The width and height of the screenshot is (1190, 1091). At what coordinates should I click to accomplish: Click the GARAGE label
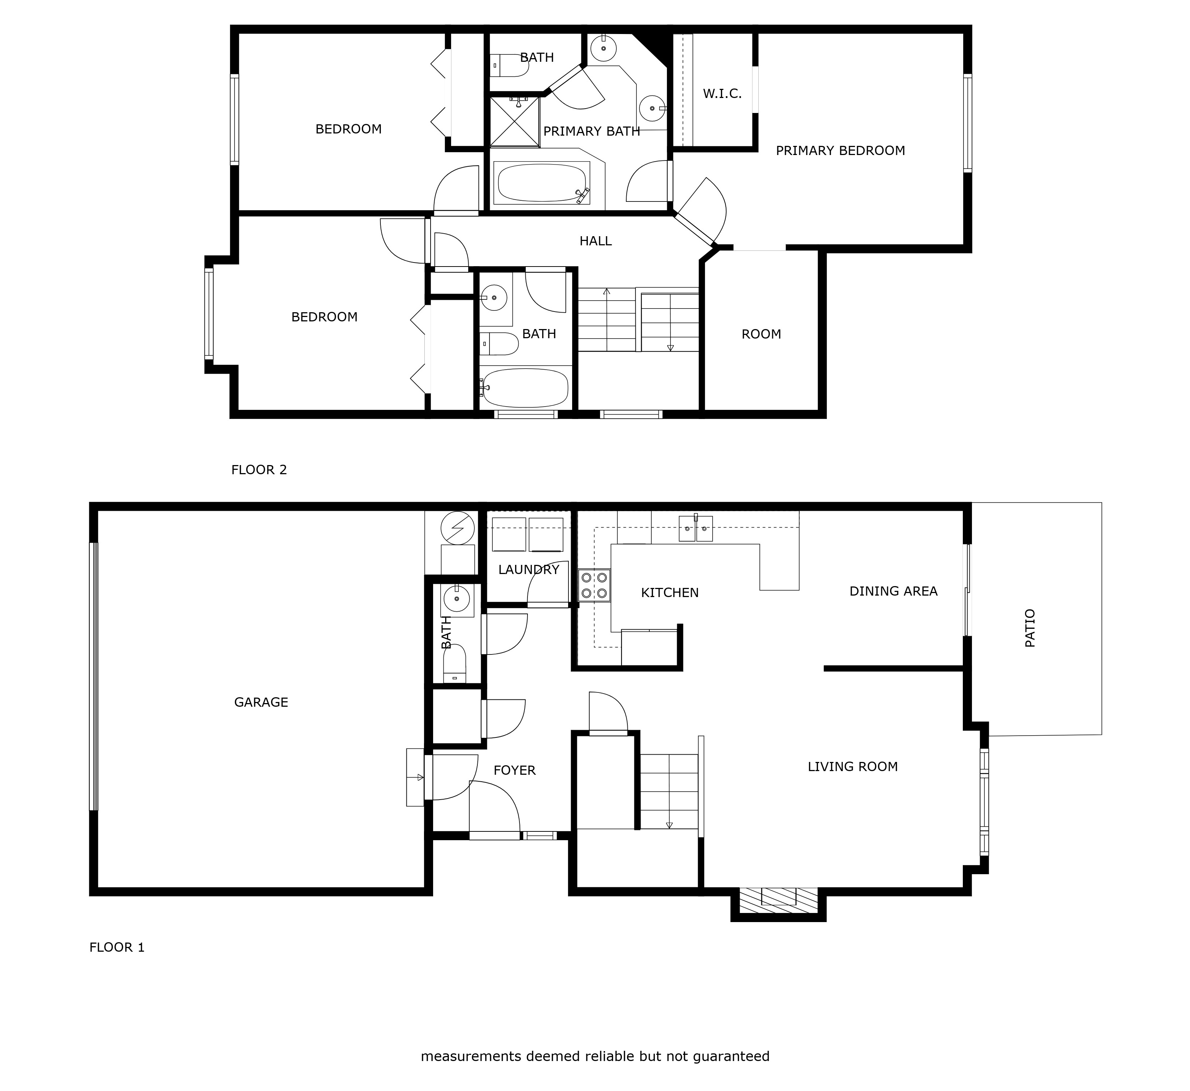point(261,702)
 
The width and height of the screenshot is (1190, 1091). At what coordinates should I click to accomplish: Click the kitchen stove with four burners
point(594,585)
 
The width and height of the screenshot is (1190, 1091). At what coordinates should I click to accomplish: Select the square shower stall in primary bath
point(514,122)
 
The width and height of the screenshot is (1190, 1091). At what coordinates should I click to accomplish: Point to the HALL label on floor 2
point(595,241)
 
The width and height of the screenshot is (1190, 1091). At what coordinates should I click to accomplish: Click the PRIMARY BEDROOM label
point(840,151)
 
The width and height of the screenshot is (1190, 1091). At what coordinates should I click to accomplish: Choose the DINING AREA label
point(893,591)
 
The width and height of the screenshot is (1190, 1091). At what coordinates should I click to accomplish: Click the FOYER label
point(514,770)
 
